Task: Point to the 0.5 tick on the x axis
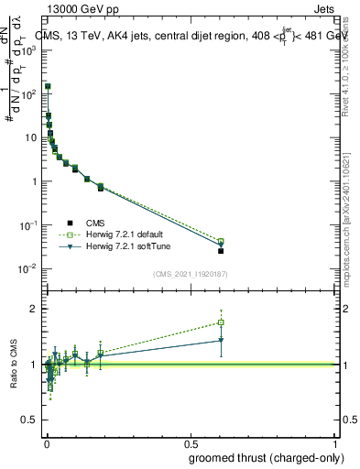pos(191,442)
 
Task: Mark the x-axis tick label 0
pos(47,442)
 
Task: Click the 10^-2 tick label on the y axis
pos(30,268)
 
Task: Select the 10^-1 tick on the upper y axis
pos(30,224)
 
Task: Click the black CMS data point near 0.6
pos(221,250)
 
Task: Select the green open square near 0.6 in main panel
pos(221,241)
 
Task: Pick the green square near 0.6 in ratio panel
pos(221,322)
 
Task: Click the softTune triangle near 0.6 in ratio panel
pos(221,341)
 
